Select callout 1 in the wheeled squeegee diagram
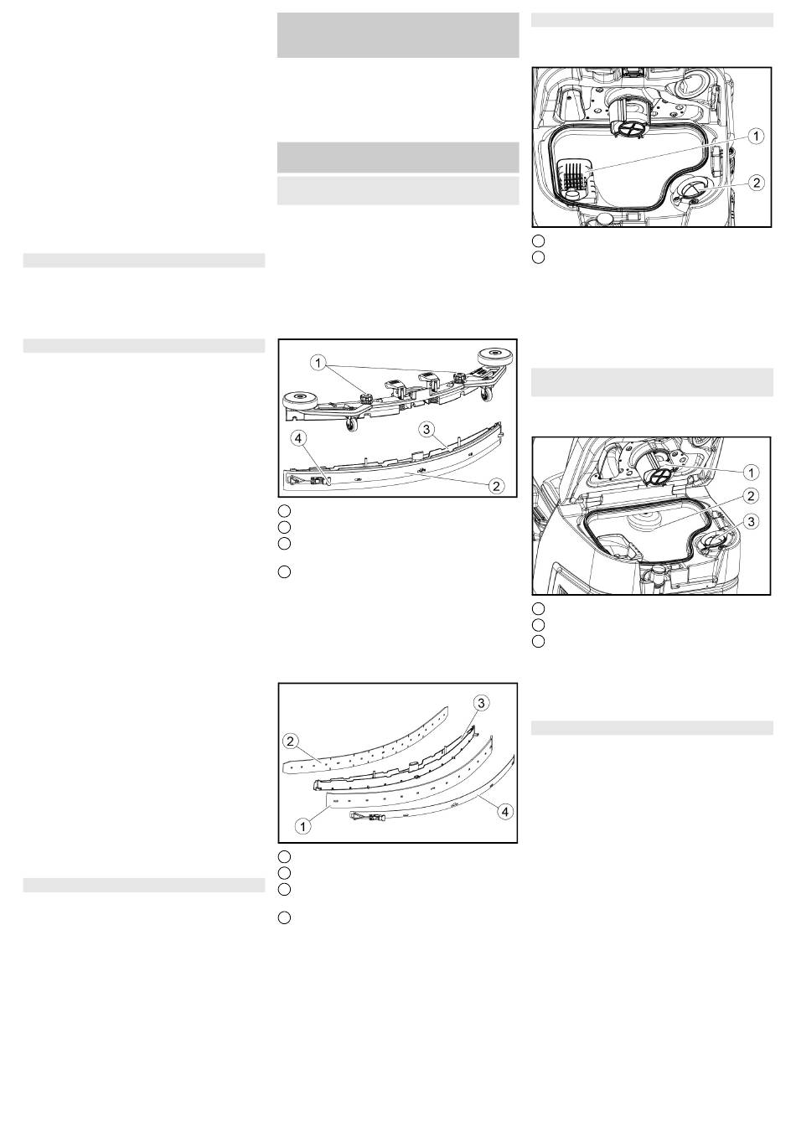(x=318, y=363)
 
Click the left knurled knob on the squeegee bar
(x=367, y=397)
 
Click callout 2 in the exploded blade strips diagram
(x=291, y=741)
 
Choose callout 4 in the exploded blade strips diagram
(x=504, y=812)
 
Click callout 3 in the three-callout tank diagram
(x=751, y=522)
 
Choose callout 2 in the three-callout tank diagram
(x=751, y=495)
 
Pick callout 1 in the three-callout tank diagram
(x=751, y=472)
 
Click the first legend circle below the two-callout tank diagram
(x=537, y=240)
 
